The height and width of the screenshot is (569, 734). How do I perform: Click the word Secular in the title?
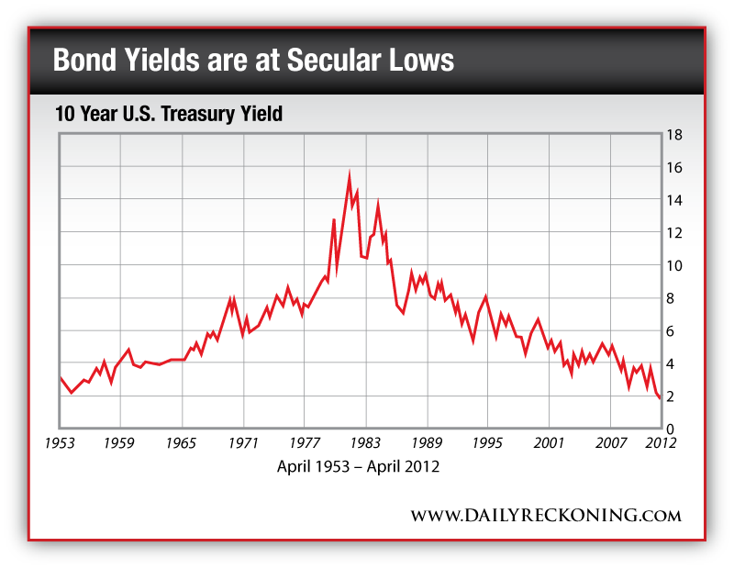tap(340, 61)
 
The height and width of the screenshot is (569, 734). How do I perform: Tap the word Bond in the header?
tap(83, 61)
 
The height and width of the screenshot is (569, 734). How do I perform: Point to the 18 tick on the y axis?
tap(674, 135)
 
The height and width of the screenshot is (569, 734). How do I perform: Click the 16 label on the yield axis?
tap(674, 168)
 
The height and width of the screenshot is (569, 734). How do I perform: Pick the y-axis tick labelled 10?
tap(674, 266)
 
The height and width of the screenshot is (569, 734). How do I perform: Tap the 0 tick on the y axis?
tap(671, 430)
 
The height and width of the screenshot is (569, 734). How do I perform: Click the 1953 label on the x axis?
tap(61, 442)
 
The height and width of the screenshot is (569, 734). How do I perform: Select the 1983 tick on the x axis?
tap(365, 442)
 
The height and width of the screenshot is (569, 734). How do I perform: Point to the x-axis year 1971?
tap(243, 442)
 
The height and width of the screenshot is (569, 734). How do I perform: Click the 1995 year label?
tap(487, 442)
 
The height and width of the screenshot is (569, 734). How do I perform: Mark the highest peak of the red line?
tap(350, 172)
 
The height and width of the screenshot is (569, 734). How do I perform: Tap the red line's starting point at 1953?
tap(61, 377)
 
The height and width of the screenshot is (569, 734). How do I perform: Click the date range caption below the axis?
tap(358, 466)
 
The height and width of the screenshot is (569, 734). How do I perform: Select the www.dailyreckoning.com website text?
tap(545, 514)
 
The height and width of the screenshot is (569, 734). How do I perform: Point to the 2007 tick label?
tap(610, 442)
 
